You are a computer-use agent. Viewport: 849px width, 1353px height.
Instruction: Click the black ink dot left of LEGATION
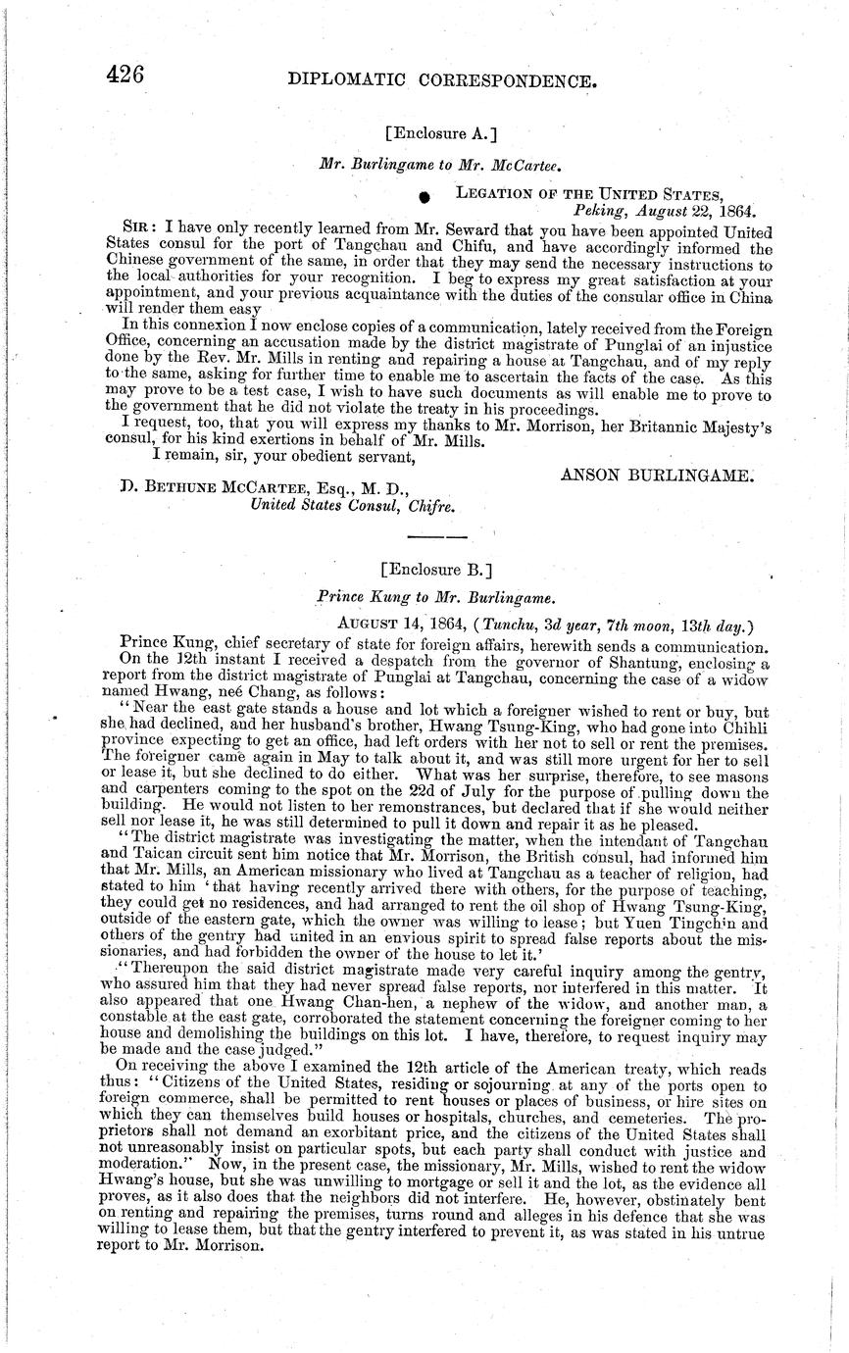pyautogui.click(x=424, y=197)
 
